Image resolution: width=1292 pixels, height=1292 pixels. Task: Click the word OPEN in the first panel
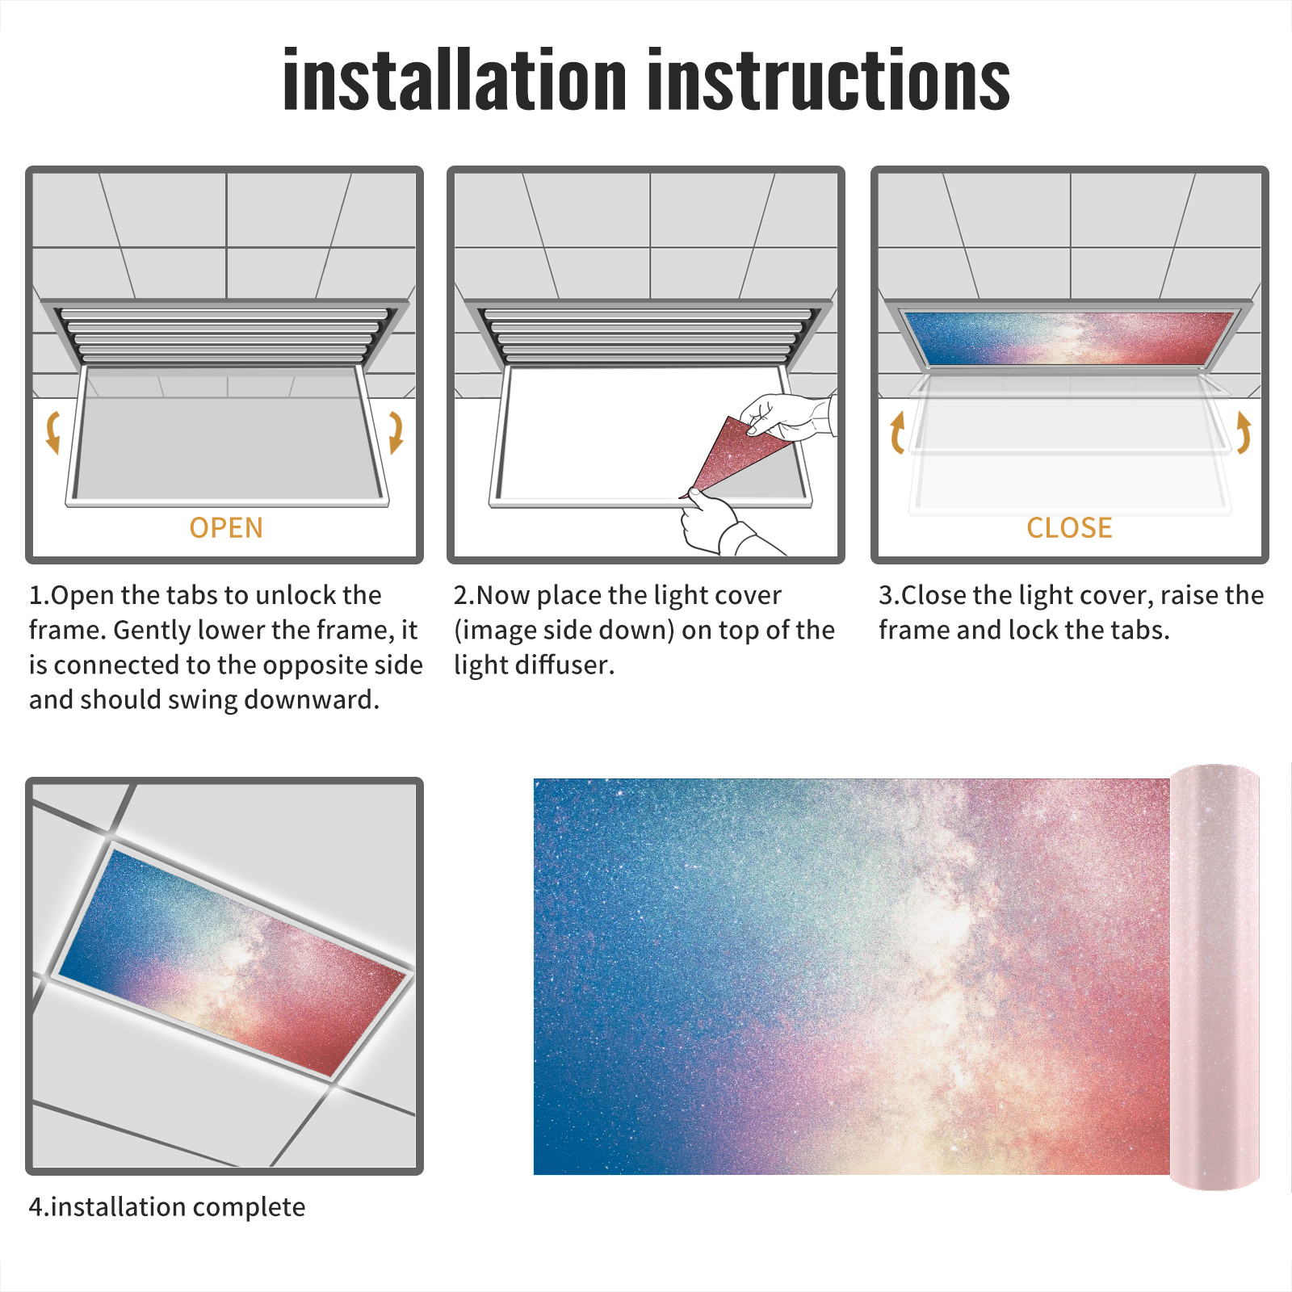226,527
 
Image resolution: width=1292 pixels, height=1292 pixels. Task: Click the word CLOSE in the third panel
1069,527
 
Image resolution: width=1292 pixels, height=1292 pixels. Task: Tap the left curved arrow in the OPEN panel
52,432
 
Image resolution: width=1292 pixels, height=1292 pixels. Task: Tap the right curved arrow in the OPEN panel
396,432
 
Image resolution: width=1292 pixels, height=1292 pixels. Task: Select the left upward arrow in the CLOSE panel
896,432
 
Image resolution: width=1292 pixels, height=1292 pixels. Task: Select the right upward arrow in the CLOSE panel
1244,432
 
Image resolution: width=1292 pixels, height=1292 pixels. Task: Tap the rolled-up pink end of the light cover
1214,977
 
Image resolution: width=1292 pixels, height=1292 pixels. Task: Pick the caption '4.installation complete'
167,1206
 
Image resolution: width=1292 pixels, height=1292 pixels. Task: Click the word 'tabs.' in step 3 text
1140,630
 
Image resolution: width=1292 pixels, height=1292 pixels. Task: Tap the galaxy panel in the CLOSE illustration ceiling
1069,338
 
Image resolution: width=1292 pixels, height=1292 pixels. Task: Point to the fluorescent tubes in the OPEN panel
225,335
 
